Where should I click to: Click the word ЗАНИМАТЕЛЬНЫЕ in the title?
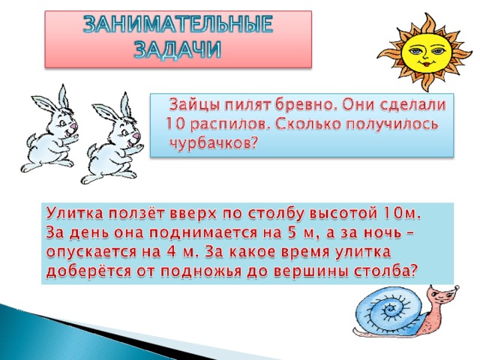[178, 24]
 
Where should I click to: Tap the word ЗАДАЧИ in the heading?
[178, 49]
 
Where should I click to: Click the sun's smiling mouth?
[424, 64]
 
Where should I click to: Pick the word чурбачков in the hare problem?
[212, 142]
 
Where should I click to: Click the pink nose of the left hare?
[73, 125]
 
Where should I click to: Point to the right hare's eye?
[125, 132]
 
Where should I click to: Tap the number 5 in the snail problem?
[292, 232]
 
